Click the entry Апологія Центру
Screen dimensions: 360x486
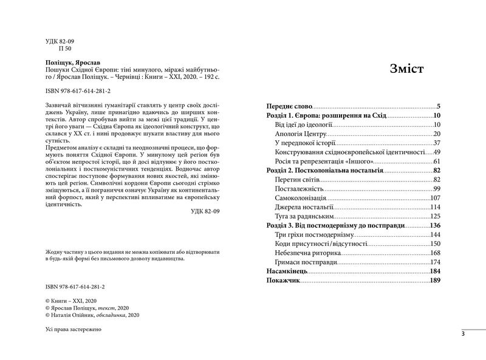coord(301,133)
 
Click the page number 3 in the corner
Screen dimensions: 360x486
coord(463,334)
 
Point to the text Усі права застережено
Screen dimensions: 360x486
coord(75,328)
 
